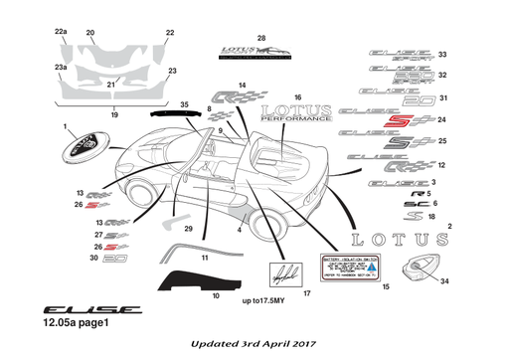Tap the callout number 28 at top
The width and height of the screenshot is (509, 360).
(261, 38)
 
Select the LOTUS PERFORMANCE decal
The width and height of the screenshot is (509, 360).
(298, 112)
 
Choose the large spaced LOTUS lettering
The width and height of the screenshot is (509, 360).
(395, 240)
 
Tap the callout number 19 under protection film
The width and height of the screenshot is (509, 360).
(114, 115)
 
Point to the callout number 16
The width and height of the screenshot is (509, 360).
(296, 96)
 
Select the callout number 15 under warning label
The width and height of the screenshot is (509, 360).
(386, 286)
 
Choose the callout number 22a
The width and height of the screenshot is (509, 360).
(61, 32)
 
